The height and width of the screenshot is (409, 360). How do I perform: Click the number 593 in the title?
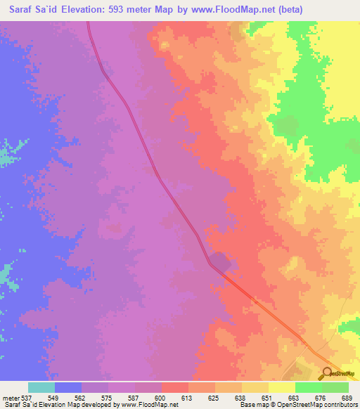127,10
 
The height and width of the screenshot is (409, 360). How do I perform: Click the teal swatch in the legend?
41,387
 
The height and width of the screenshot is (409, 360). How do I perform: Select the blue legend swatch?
68,387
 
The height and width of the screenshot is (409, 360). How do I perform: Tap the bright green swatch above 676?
309,387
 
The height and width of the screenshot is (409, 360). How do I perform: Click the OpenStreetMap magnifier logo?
328,373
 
